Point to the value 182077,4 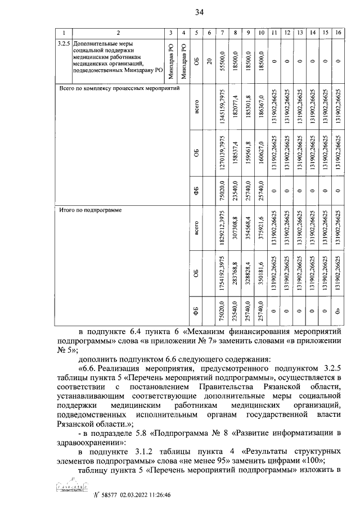pyautogui.click(x=236, y=108)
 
